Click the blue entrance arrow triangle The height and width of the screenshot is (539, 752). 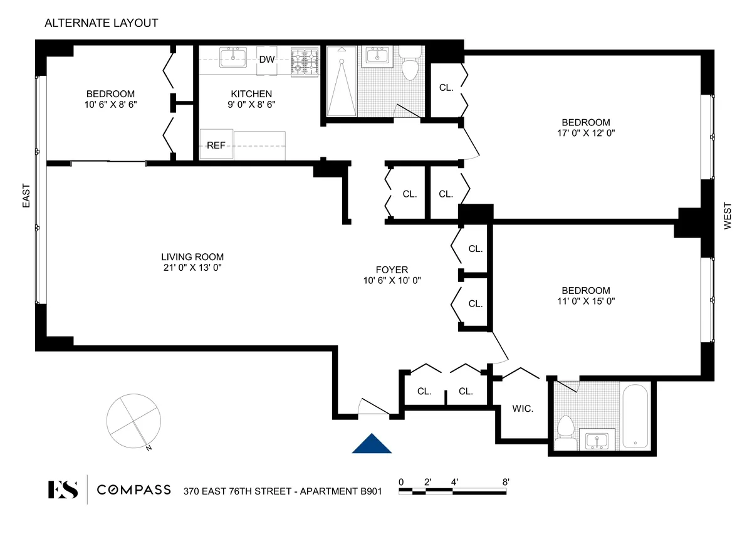372,444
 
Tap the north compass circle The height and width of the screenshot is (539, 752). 133,420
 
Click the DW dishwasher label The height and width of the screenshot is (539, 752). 266,60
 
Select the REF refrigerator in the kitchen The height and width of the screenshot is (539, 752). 216,145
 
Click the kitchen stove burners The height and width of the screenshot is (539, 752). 305,61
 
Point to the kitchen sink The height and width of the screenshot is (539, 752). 232,58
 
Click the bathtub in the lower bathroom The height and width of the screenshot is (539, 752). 633,416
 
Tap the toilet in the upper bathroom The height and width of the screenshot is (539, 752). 410,65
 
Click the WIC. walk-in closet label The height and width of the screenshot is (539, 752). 523,409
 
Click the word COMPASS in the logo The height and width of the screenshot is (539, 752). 133,489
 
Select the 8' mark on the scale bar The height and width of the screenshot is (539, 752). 505,482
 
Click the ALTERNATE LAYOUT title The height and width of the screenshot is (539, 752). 101,23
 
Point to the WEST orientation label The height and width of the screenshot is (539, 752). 728,216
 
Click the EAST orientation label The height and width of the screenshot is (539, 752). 26,196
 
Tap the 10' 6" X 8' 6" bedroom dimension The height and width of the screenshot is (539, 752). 110,105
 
